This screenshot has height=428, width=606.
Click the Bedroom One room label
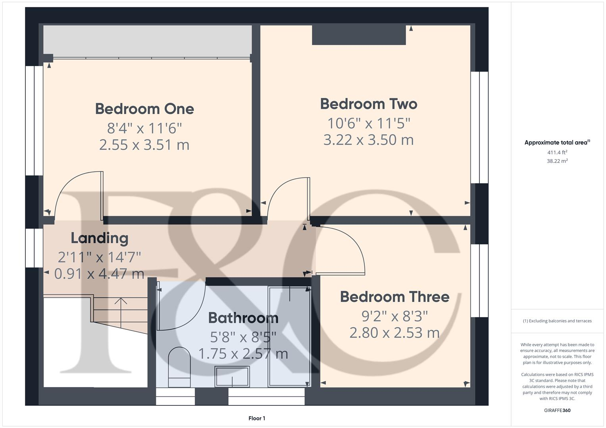(144, 109)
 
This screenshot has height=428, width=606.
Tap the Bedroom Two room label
(369, 104)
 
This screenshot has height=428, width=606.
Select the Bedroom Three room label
(394, 297)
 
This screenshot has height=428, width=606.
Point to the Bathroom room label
(243, 318)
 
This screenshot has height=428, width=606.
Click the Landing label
(100, 238)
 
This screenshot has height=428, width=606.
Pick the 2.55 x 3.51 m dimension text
(144, 145)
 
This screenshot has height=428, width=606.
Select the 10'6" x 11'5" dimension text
(369, 124)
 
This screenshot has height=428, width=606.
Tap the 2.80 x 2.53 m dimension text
(394, 333)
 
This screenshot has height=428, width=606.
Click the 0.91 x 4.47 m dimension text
(99, 274)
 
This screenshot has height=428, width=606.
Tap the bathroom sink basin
(232, 376)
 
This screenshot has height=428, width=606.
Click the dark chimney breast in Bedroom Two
(359, 35)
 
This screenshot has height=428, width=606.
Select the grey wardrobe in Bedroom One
(147, 41)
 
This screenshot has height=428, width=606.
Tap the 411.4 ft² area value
(557, 153)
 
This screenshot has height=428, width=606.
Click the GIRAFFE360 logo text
(557, 410)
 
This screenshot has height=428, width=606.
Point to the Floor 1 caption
(257, 418)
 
